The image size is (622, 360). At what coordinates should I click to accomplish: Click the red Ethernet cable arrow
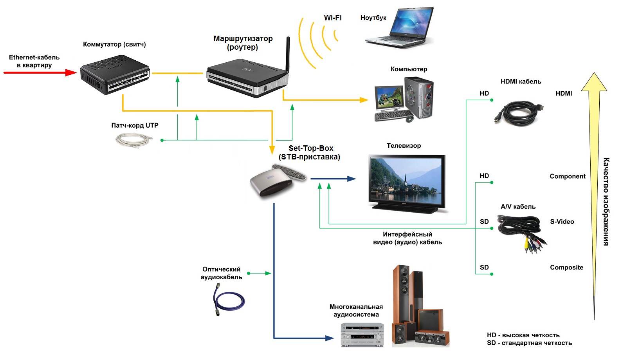pyautogui.click(x=39, y=72)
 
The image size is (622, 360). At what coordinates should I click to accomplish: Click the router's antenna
pyautogui.click(x=288, y=55)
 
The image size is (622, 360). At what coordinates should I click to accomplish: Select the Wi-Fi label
pyautogui.click(x=333, y=18)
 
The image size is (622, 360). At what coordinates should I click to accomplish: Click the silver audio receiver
pyautogui.click(x=362, y=335)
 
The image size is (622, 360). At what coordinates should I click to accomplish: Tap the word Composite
pyautogui.click(x=566, y=268)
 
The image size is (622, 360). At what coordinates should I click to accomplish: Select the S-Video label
pyautogui.click(x=562, y=222)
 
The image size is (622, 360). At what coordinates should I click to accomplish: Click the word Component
pyautogui.click(x=568, y=176)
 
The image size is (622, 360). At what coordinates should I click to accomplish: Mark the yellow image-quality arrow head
pyautogui.click(x=594, y=82)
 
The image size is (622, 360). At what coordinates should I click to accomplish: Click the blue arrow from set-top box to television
pyautogui.click(x=333, y=179)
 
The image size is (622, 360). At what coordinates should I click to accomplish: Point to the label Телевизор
pyautogui.click(x=404, y=146)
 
